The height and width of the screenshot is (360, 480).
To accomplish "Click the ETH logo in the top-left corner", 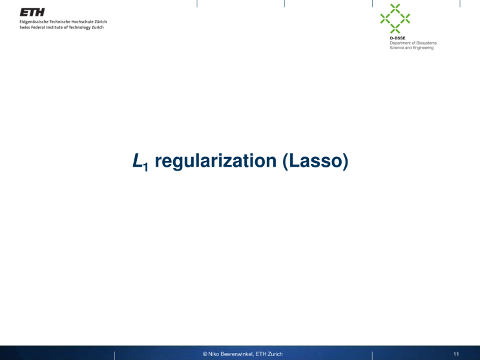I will [x=32, y=12].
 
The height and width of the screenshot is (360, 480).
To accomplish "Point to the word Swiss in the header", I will [x=25, y=27].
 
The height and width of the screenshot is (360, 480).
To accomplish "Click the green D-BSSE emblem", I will [x=395, y=18].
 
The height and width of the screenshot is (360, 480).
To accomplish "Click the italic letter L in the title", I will [x=136, y=161].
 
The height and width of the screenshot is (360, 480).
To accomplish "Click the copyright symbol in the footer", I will [x=205, y=354].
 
